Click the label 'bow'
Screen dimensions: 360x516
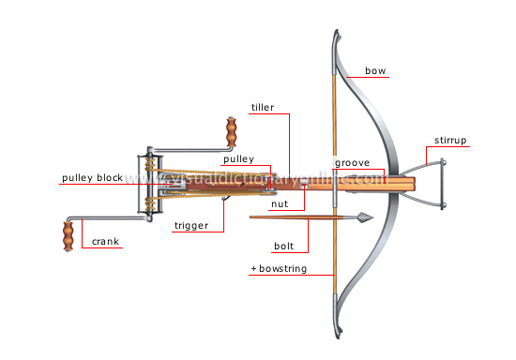click(376, 69)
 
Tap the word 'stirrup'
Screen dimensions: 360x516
click(450, 142)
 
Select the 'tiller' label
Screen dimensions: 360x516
click(263, 108)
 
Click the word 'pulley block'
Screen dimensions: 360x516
click(92, 177)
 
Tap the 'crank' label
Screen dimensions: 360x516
click(105, 242)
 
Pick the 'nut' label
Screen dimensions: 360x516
click(280, 203)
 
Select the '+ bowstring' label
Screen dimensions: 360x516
click(281, 269)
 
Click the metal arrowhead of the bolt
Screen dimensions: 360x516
click(361, 218)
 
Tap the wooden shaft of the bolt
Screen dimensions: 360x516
click(300, 218)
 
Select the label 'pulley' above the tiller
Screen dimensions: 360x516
click(238, 160)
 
